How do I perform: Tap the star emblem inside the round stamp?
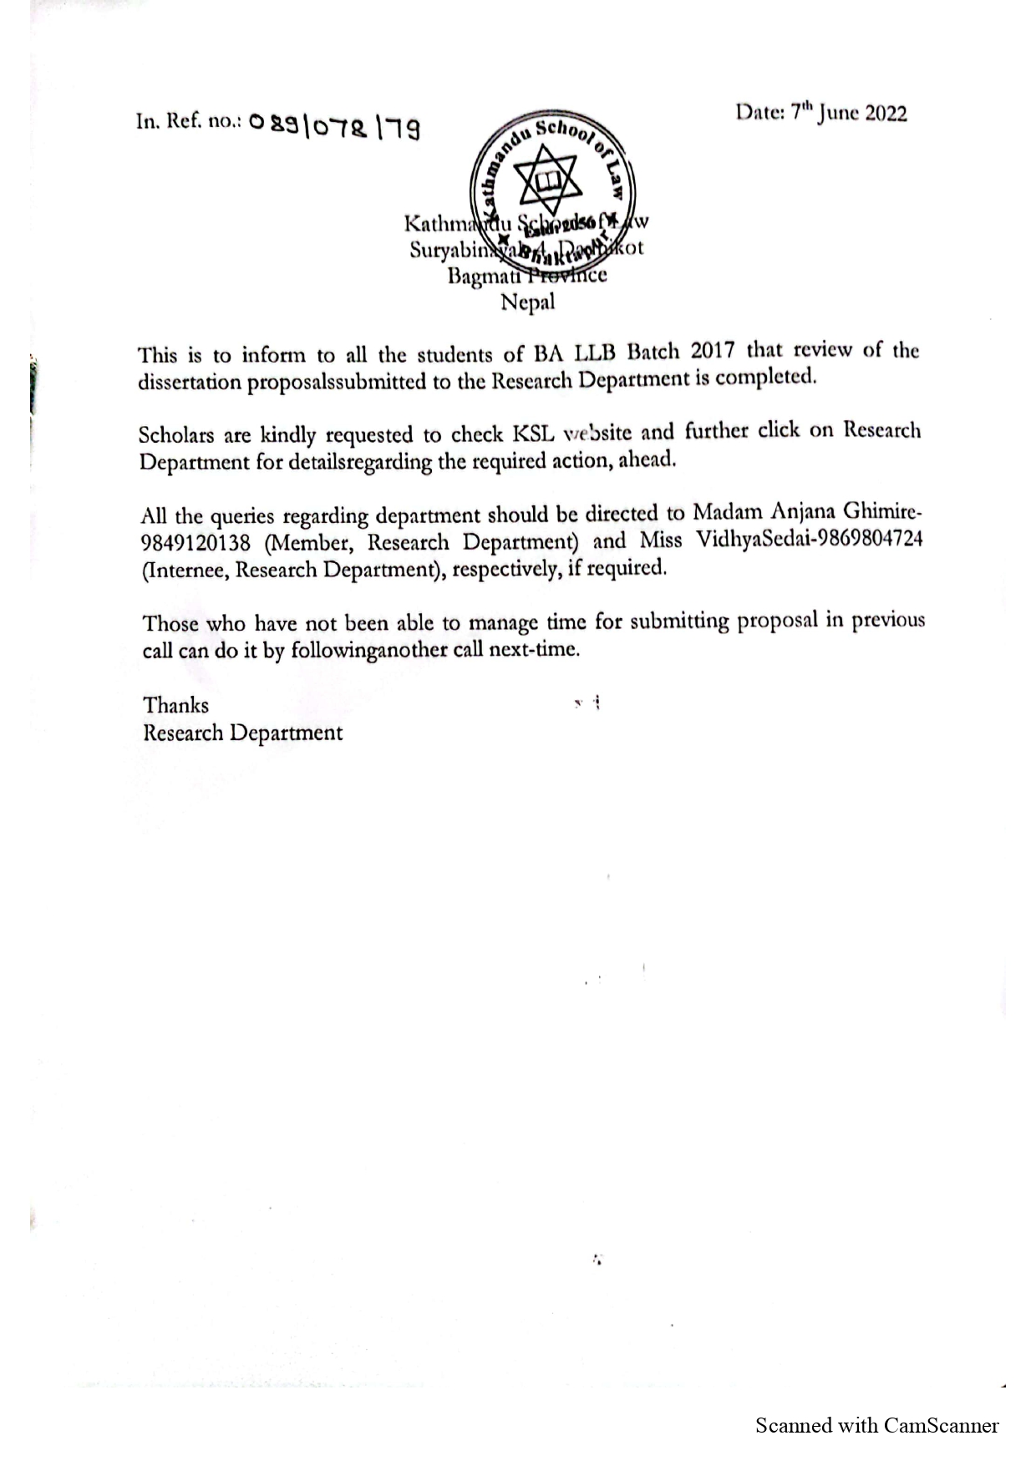pos(544,179)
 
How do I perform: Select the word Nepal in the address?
pos(527,302)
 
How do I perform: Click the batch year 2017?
pos(711,351)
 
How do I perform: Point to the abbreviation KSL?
pos(533,434)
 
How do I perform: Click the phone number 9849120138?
pos(196,544)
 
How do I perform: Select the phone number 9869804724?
pos(870,540)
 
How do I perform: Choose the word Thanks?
pos(175,706)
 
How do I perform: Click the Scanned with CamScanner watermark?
pos(876,1425)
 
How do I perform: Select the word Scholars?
pos(176,435)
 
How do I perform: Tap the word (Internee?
pos(185,571)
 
